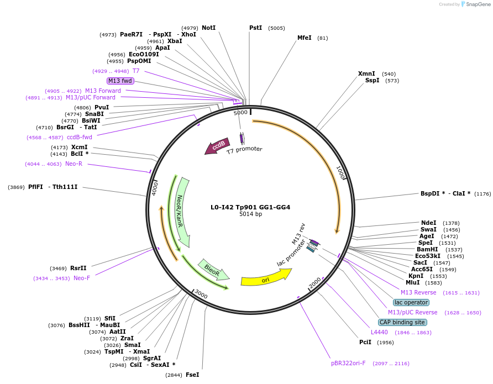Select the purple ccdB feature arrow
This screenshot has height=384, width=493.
coord(217,146)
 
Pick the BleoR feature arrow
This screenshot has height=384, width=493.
coord(213,271)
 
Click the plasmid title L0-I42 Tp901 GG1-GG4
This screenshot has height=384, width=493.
coord(250,207)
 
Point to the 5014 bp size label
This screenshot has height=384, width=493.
coord(250,214)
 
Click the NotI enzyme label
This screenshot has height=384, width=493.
coord(208,28)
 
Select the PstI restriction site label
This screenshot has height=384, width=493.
coord(255,28)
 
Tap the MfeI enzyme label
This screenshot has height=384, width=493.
coord(305,38)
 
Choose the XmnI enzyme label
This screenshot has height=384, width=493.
coord(366,73)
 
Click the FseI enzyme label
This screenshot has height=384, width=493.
coord(192,375)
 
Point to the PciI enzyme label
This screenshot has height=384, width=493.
coord(365,343)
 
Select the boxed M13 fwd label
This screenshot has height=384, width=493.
coord(120,81)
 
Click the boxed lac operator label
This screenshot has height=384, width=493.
coord(411,302)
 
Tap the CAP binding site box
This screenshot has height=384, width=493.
coord(402,322)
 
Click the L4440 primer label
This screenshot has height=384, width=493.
coord(379,332)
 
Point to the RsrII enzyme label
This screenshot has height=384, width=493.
coord(78,268)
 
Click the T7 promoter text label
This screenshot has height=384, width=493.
coord(244,149)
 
